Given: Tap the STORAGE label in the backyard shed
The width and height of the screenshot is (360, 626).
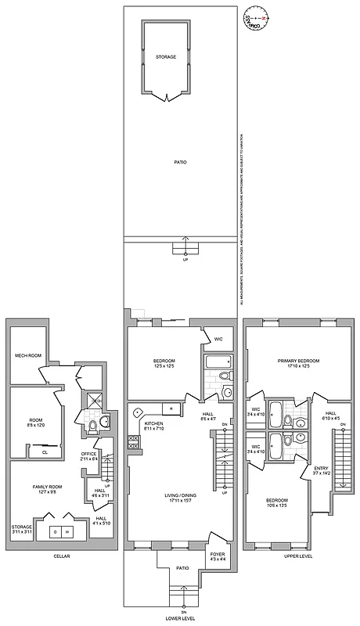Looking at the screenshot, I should pos(165,57).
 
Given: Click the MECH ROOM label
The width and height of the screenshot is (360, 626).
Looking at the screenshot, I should pos(27,356).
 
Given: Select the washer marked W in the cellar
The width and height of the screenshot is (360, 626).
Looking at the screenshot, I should pos(67,532).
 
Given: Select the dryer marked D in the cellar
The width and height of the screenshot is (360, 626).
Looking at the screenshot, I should pos(55,532).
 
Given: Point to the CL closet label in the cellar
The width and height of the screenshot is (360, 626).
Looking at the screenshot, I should pos(45,452).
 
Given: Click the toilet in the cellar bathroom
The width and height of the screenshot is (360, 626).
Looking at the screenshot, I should pos(92,426).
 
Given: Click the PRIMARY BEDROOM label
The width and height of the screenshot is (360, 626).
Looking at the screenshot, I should pos(298,361).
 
